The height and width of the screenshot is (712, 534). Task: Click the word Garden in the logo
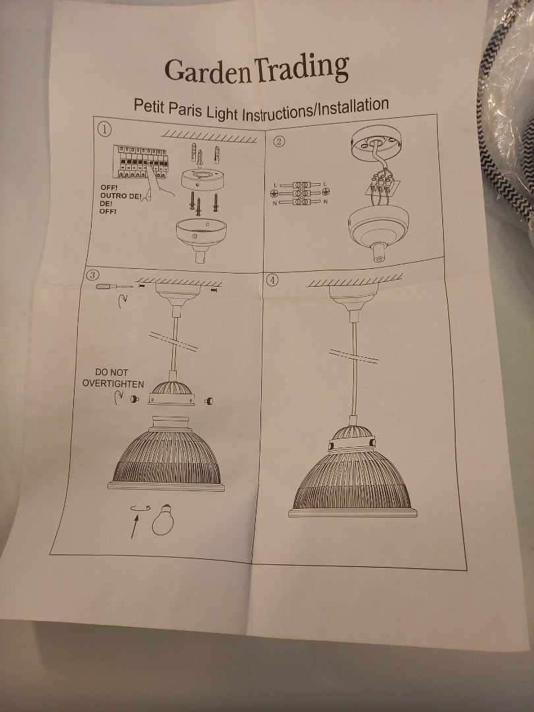tap(208, 71)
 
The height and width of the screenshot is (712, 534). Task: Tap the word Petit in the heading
tap(149, 107)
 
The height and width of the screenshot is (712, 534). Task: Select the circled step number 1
tap(104, 129)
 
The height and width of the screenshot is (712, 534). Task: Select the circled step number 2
tap(280, 141)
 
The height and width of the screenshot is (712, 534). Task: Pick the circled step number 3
tap(92, 275)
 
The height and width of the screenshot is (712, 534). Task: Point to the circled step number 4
tap(272, 280)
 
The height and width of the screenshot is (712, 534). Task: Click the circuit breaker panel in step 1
tap(141, 162)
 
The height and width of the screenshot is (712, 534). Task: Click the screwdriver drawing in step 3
tap(115, 287)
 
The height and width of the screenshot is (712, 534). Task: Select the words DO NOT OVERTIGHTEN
tap(113, 378)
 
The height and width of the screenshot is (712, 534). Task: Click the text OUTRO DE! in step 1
tap(121, 196)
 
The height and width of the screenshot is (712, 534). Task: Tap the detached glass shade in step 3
tap(167, 454)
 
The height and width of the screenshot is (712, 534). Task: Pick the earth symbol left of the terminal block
tap(274, 193)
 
